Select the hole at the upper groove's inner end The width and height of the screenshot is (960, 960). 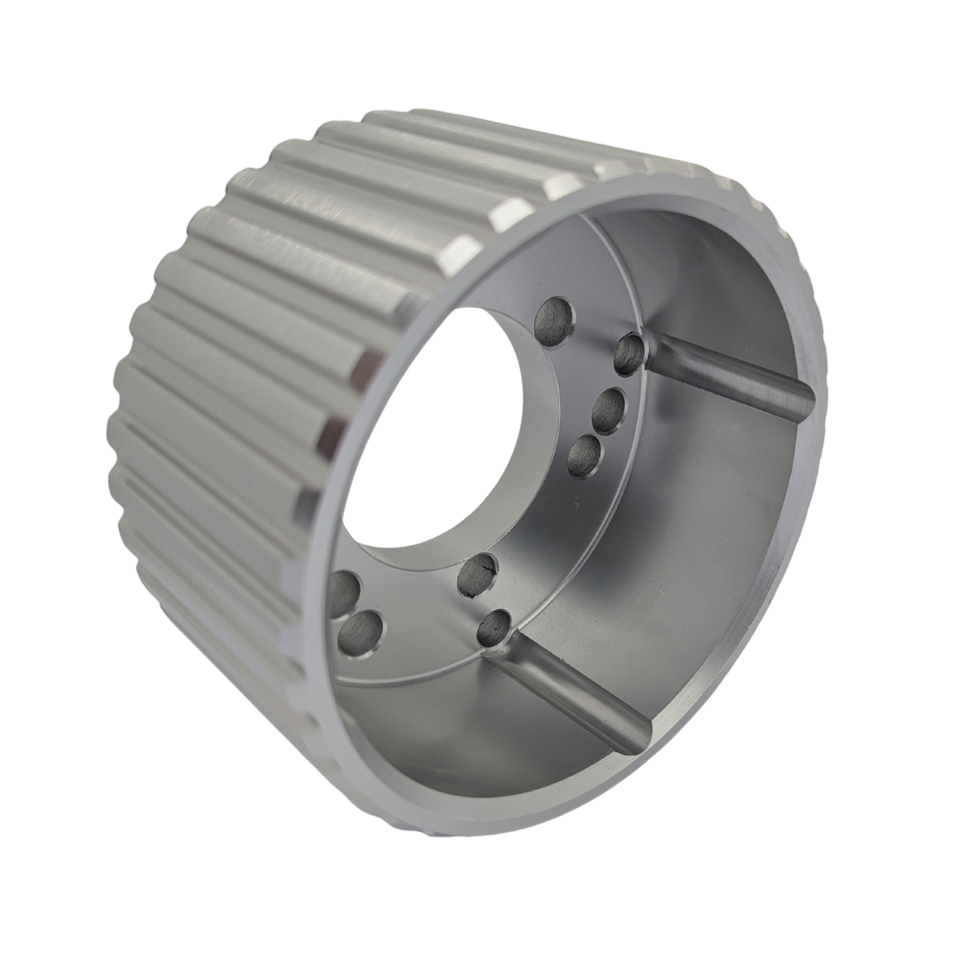click(629, 354)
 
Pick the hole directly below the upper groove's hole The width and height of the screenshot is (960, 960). click(608, 411)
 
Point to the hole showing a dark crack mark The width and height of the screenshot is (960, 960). click(477, 573)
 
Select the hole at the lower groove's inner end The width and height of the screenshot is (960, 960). click(494, 628)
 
